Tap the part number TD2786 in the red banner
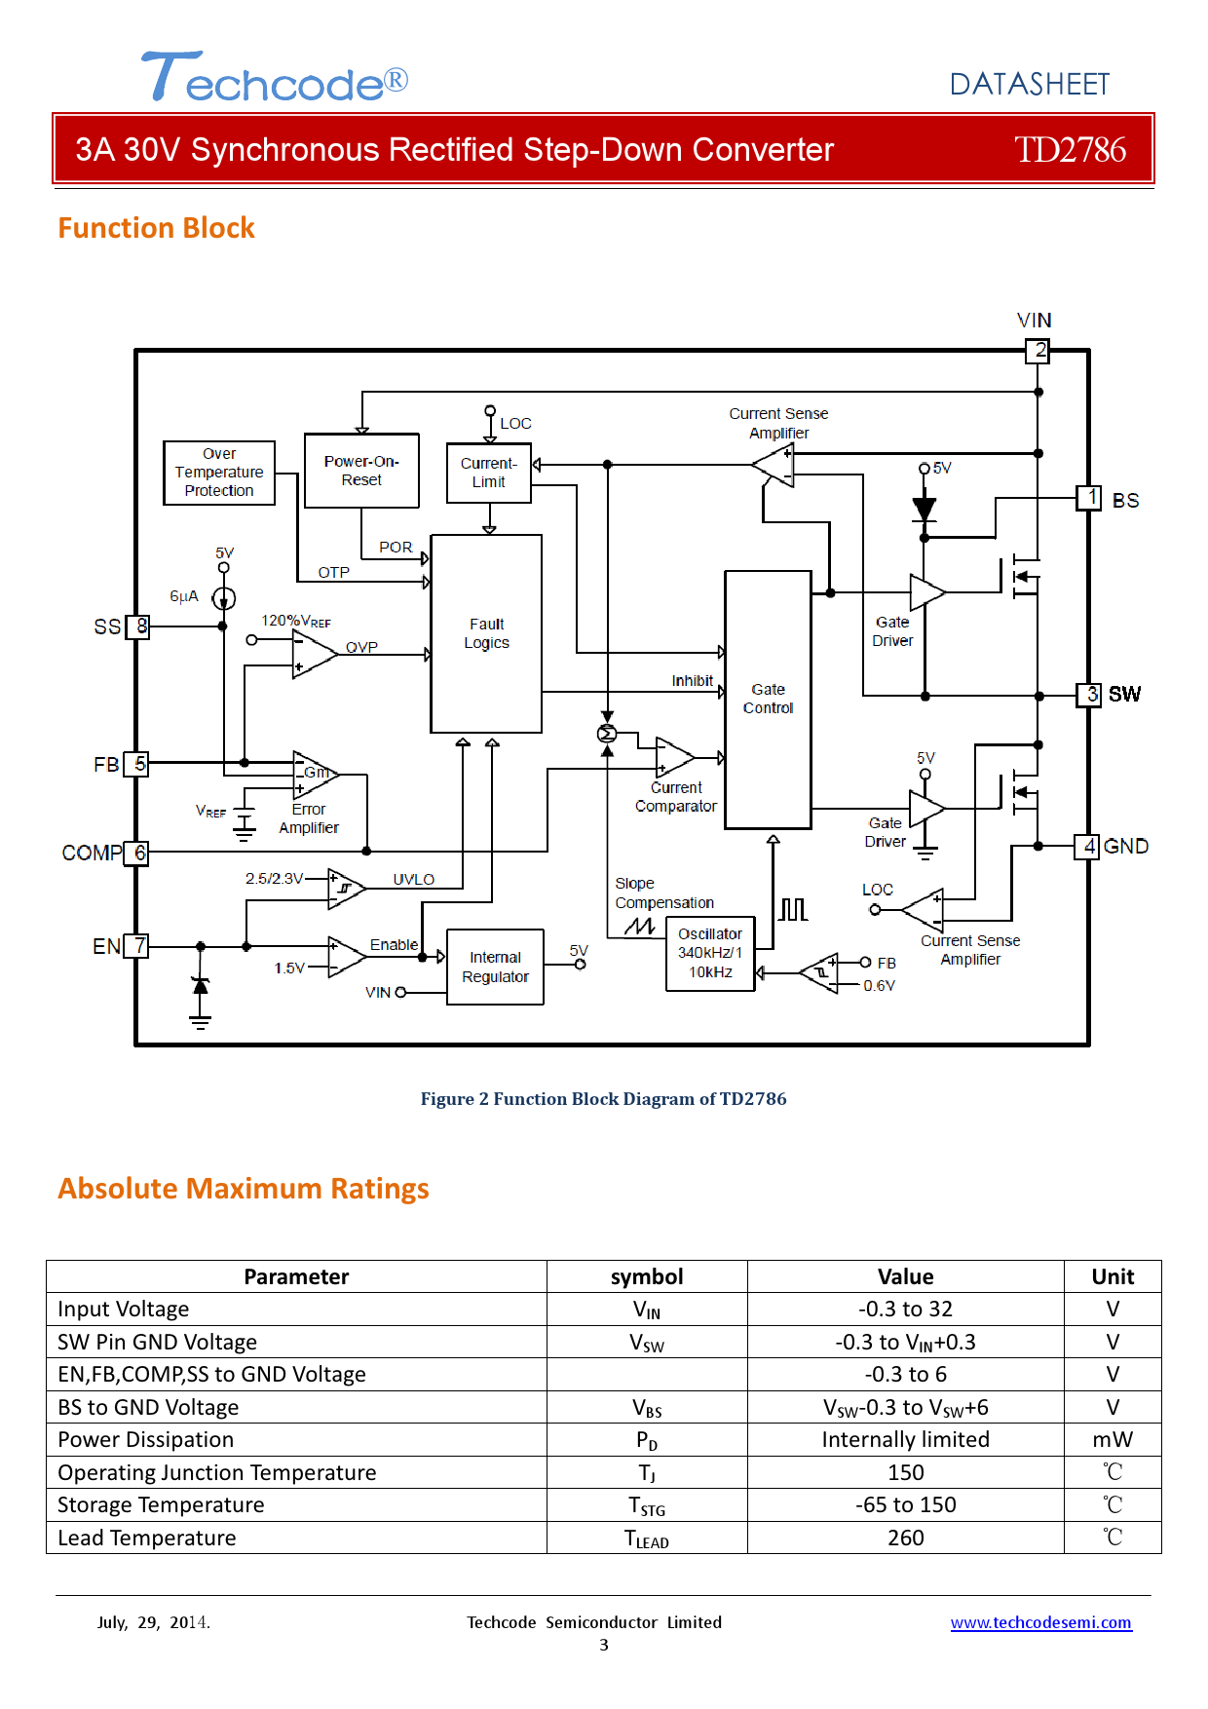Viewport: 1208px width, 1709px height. coord(1070,150)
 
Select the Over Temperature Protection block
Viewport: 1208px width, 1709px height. coord(219,473)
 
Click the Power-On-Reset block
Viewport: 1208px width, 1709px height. coord(361,471)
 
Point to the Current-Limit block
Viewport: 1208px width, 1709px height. coord(489,473)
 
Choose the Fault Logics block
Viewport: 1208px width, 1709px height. coord(486,633)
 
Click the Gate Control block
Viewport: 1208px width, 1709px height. coord(768,699)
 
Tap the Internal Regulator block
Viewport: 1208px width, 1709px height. coord(495,967)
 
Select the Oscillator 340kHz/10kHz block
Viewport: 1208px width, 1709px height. coord(710,953)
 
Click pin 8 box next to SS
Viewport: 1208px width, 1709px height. coord(140,627)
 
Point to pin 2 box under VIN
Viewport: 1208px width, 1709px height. coord(1038,351)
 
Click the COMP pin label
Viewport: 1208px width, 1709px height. coord(92,854)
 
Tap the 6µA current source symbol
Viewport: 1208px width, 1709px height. coord(223,598)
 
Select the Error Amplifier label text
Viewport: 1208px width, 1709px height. coord(309,818)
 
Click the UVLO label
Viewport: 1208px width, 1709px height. coord(413,879)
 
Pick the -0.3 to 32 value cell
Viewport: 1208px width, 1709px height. coord(905,1310)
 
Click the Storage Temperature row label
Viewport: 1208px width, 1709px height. coord(161,1505)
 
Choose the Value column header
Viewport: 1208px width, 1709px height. coord(905,1276)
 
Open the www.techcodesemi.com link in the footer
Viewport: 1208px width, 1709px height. coord(1040,1622)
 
